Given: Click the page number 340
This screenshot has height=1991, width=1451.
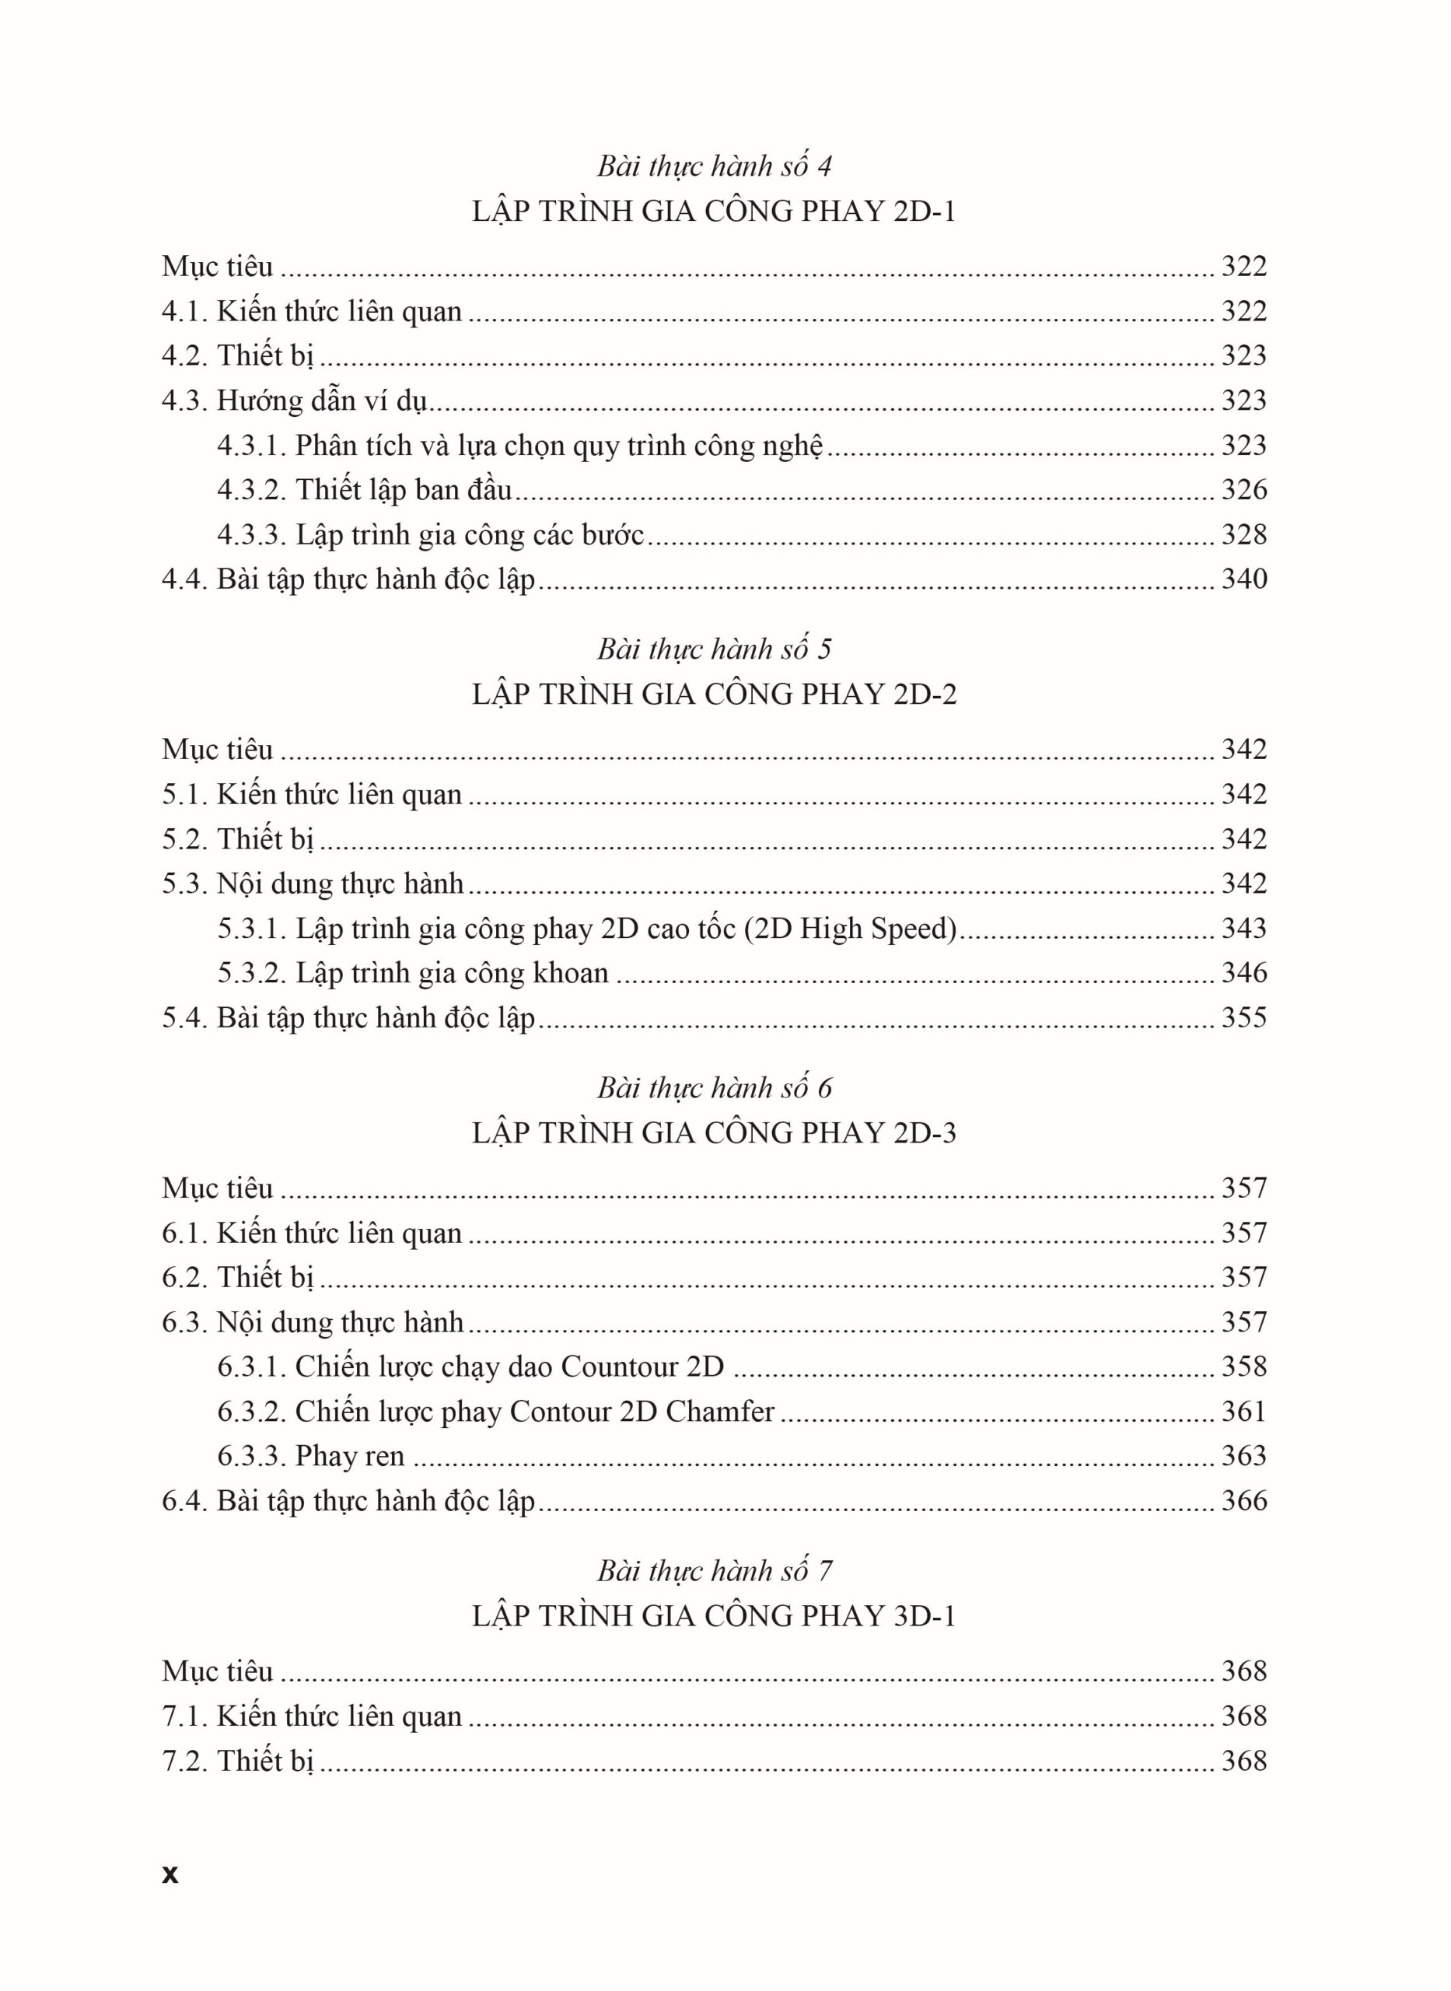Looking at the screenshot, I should pos(1243,579).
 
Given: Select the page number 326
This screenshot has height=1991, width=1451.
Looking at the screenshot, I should pos(1243,489).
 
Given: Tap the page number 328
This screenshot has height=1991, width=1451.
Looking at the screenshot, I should pos(1243,534).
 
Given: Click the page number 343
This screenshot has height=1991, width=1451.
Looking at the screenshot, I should pos(1243,929).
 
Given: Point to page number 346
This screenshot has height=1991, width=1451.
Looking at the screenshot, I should pos(1243,973).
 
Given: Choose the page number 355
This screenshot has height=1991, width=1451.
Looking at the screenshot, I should pos(1243,1018).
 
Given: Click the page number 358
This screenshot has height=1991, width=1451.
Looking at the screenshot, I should pos(1243,1366).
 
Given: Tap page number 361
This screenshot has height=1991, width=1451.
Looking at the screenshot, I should pos(1243,1412).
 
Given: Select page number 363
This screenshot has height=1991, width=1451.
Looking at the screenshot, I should pos(1243,1456).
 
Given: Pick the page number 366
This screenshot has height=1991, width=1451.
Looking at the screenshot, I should pos(1243,1501).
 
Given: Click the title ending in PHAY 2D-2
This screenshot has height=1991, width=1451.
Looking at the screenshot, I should pos(714,694).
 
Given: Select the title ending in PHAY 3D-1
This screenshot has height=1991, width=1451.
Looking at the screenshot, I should pos(714,1616).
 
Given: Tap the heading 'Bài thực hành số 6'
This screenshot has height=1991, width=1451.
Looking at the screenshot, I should pos(714,1088).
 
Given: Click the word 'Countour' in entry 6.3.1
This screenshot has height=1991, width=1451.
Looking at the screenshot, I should pos(620,1366).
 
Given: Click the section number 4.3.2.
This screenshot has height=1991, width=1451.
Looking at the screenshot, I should pos(252,489).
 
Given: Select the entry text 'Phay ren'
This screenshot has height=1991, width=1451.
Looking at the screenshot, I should pos(350,1456).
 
